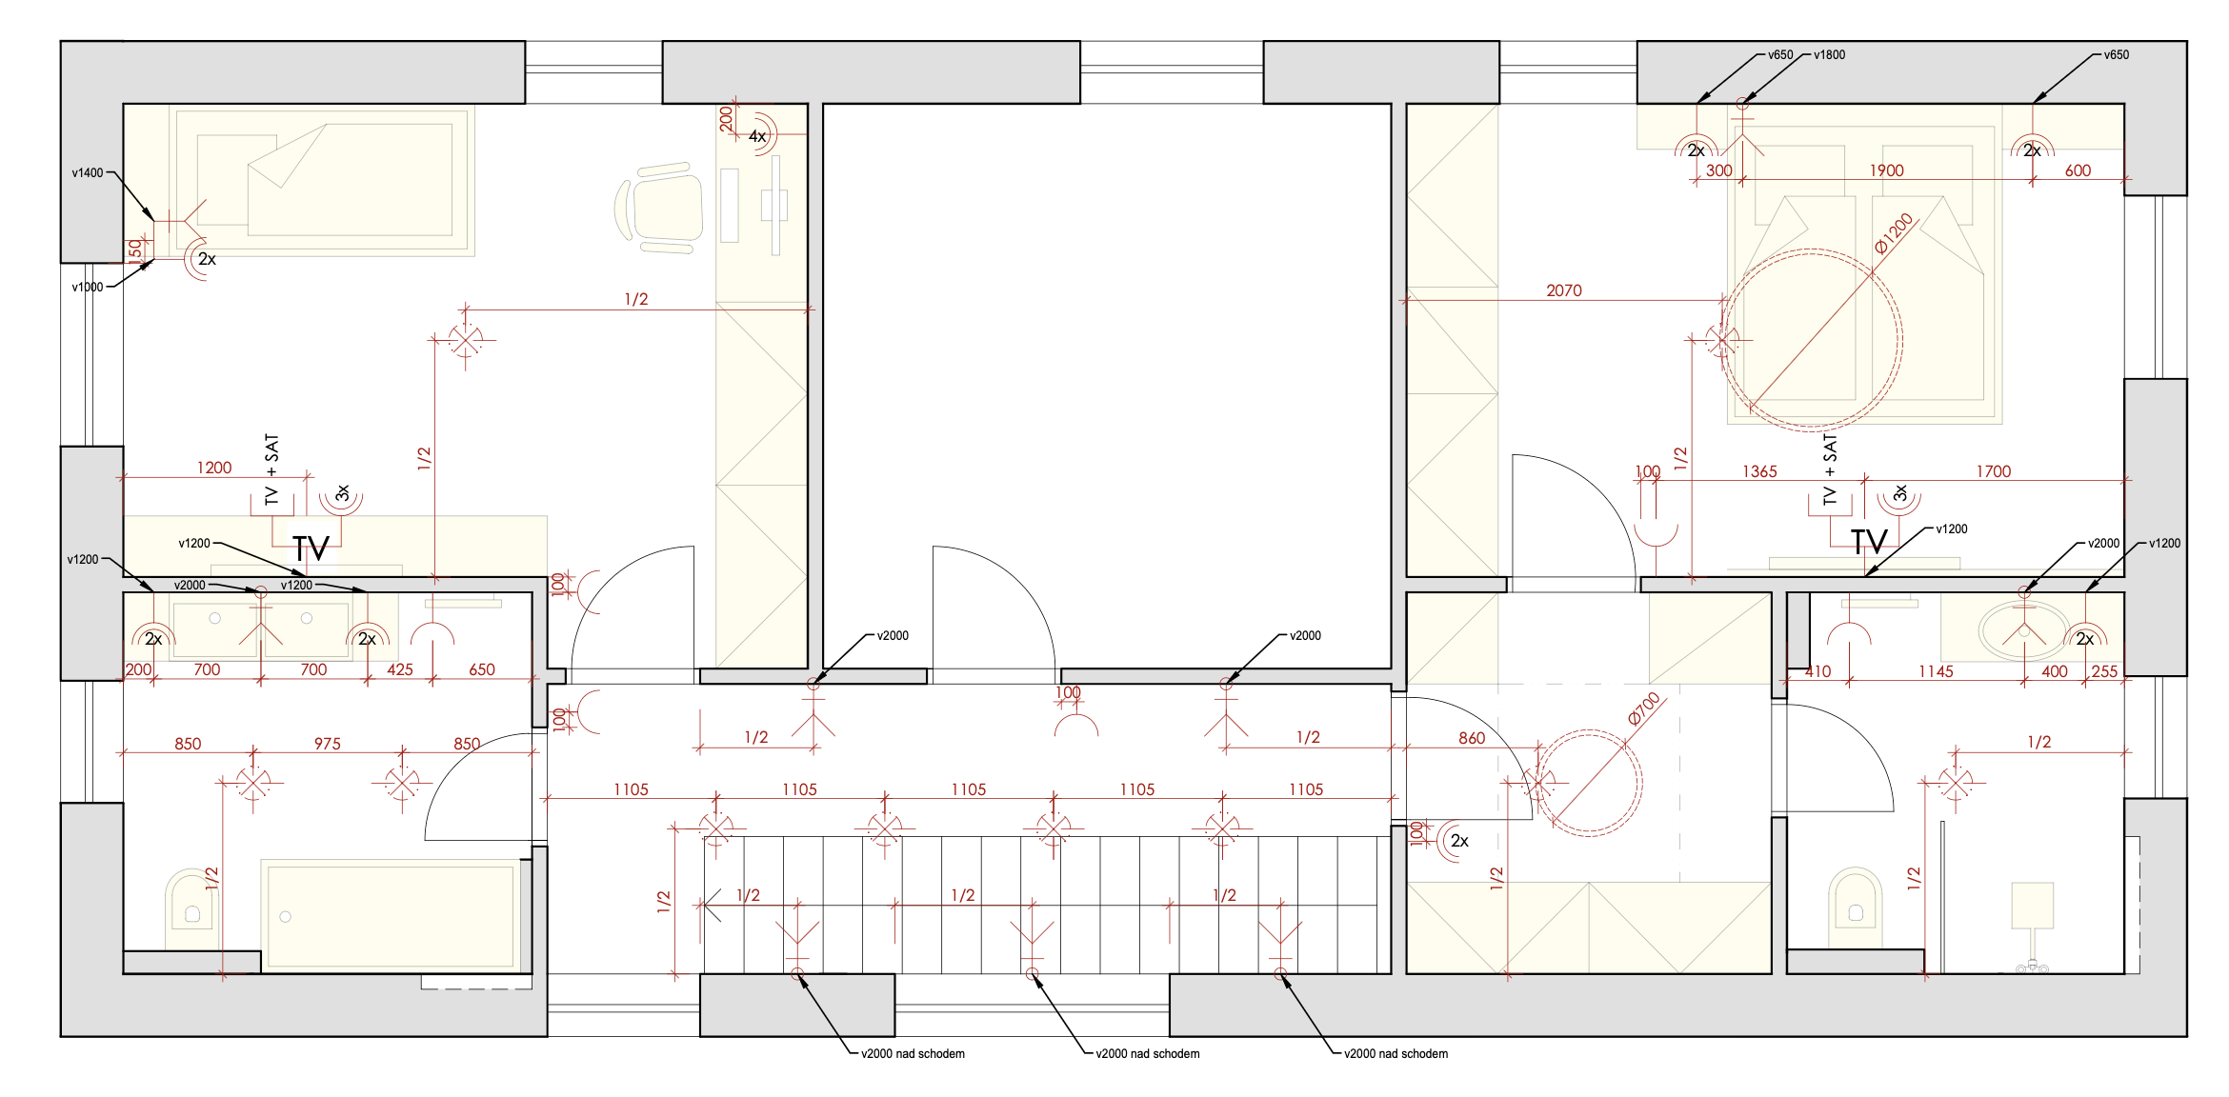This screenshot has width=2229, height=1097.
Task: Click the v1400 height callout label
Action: coord(88,173)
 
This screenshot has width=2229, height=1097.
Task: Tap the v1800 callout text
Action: coord(1829,55)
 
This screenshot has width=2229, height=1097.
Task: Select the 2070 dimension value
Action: coord(1564,290)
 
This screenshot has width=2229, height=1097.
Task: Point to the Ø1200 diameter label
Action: coord(1894,233)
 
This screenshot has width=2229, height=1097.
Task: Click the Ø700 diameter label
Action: coord(1644,708)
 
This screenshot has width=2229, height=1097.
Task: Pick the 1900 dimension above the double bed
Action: coord(1886,170)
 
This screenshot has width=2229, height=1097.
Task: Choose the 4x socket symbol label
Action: coord(757,136)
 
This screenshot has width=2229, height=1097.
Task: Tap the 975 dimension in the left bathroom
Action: coord(327,744)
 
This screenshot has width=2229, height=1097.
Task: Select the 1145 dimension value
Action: coord(1936,671)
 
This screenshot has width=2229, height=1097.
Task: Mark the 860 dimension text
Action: coord(1472,738)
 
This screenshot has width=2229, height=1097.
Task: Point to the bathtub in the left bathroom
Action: coord(392,915)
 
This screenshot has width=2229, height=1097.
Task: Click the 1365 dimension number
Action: coord(1759,471)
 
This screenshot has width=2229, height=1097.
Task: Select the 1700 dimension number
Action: coord(1993,471)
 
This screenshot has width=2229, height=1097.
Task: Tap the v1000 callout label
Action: coord(88,287)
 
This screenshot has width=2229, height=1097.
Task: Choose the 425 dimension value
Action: coord(400,669)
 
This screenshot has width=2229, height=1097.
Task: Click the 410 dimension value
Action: coord(1817,671)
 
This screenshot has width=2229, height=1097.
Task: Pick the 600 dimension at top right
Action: coord(2078,170)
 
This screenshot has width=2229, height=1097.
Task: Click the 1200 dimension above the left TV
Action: coord(214,468)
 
